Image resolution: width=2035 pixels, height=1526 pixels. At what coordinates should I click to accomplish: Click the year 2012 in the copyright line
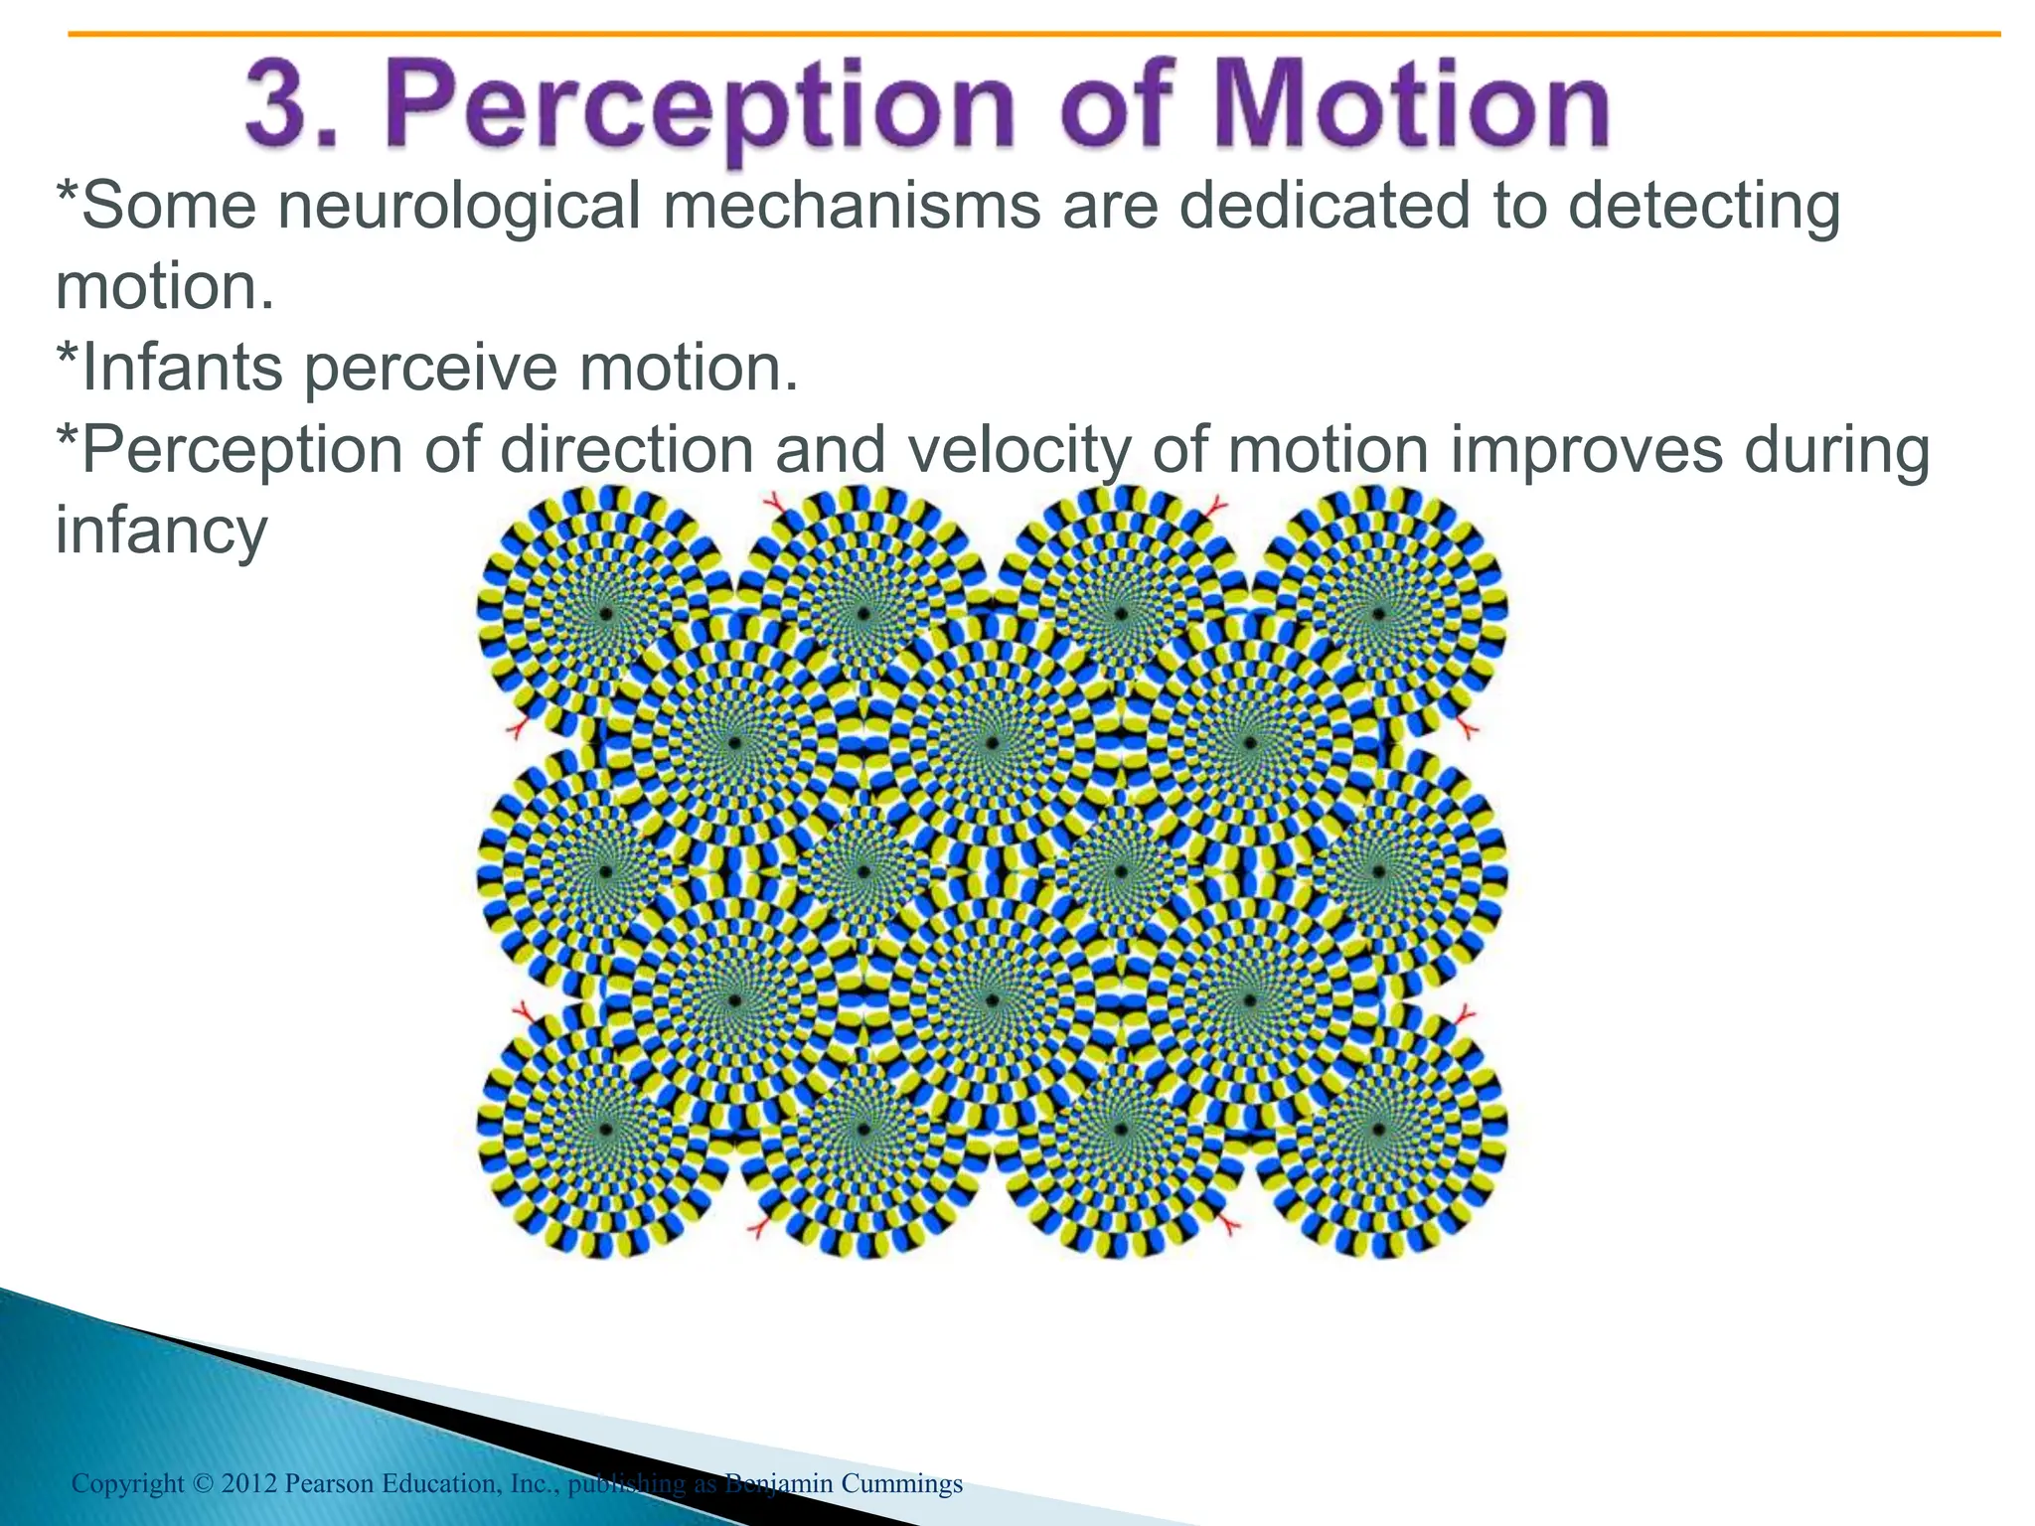click(x=248, y=1484)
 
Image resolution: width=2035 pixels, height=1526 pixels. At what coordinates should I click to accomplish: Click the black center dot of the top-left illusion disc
click(x=604, y=615)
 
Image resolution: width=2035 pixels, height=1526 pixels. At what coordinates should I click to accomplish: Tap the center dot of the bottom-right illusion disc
click(x=1378, y=1129)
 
